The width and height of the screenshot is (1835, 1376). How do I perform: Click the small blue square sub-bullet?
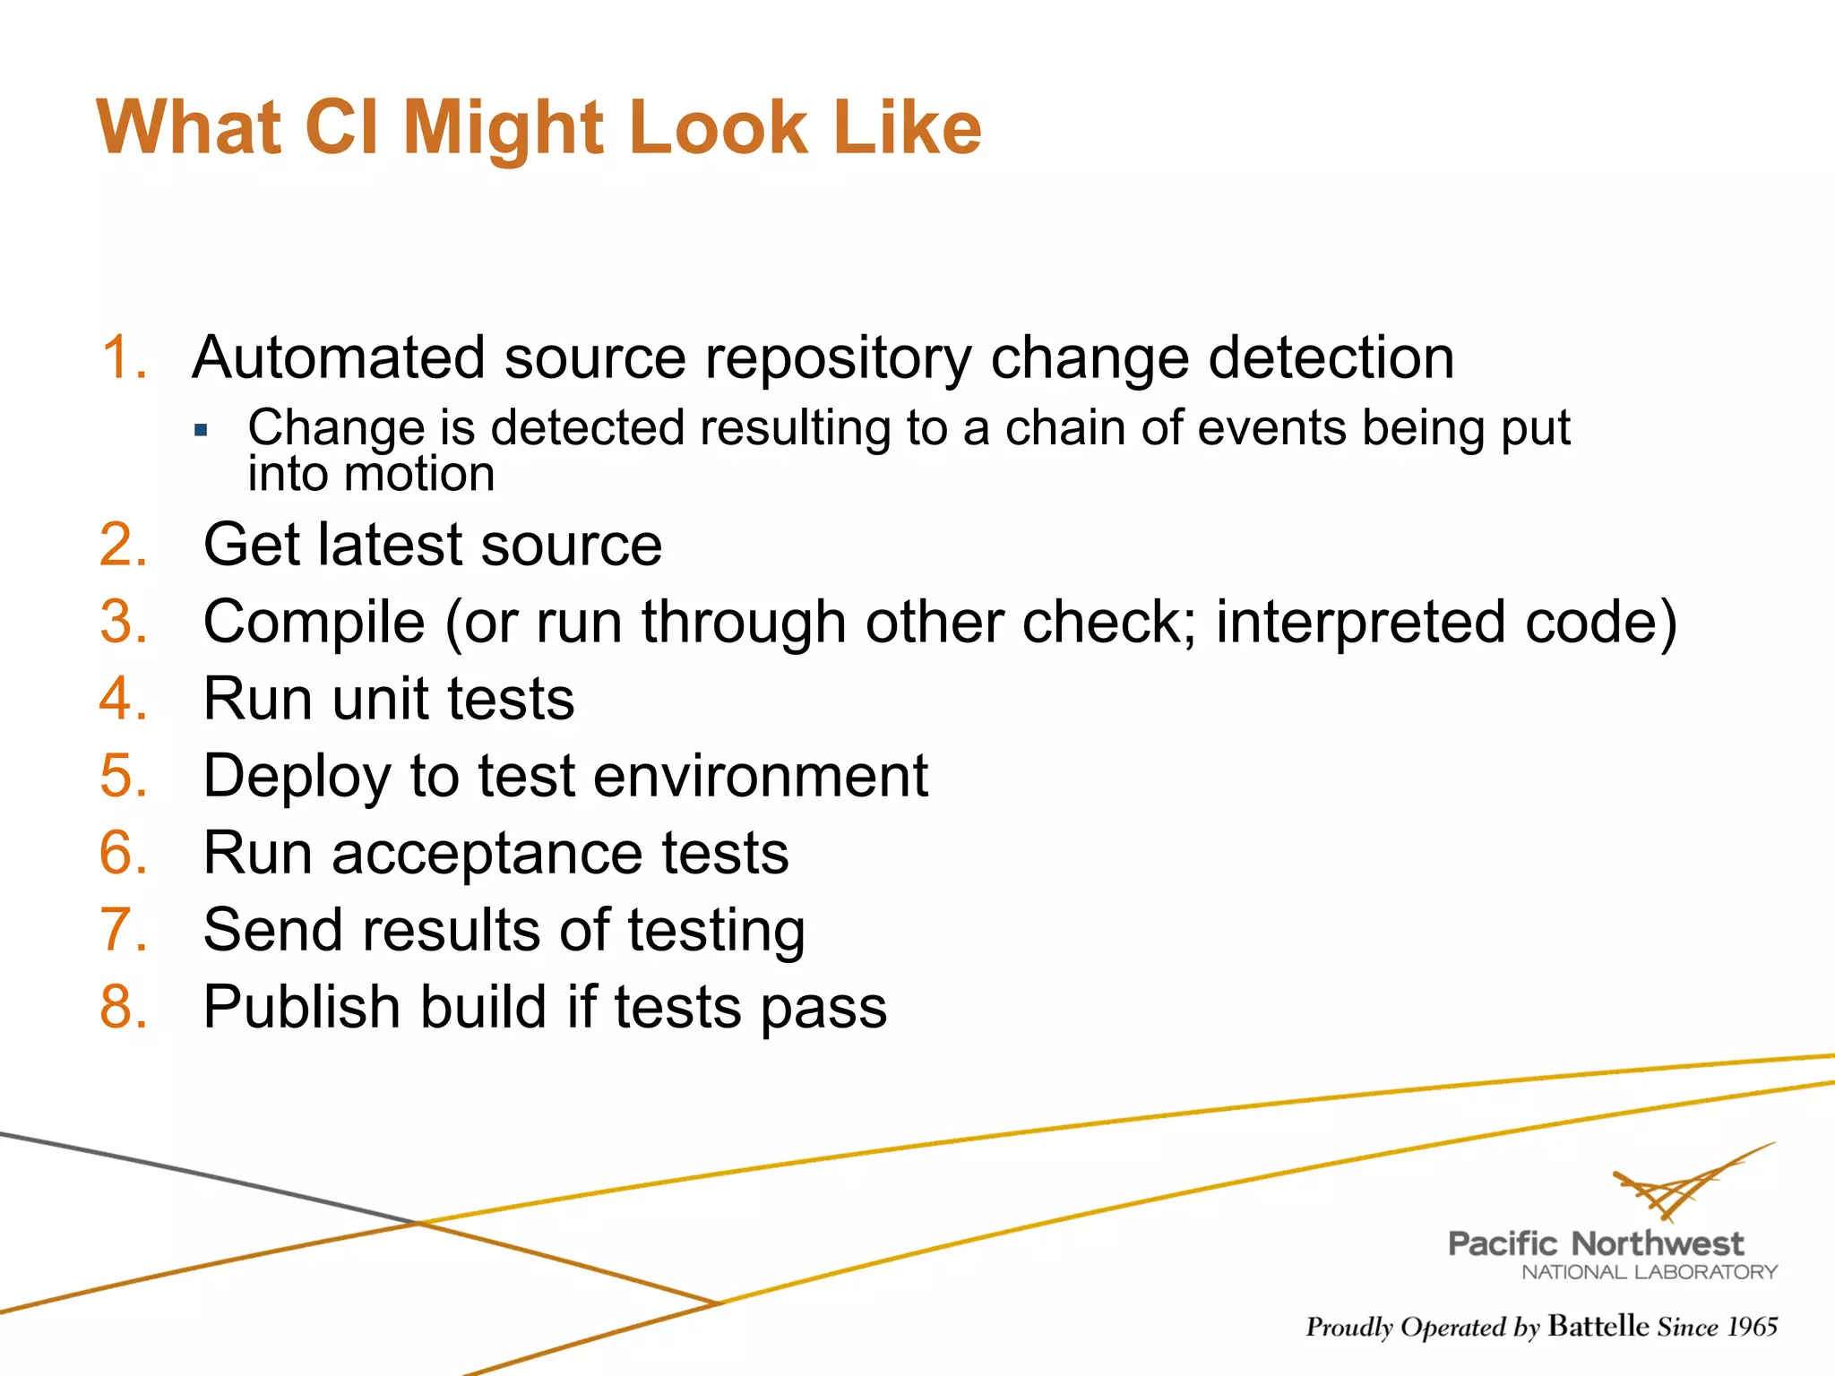[201, 431]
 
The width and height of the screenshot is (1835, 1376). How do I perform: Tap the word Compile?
[314, 623]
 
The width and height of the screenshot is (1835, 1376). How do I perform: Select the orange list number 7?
[123, 930]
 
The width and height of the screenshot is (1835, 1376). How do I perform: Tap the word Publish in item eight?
[301, 1008]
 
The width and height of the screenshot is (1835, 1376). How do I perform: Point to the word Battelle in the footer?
[1598, 1326]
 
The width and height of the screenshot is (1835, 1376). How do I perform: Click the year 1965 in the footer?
[1752, 1327]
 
